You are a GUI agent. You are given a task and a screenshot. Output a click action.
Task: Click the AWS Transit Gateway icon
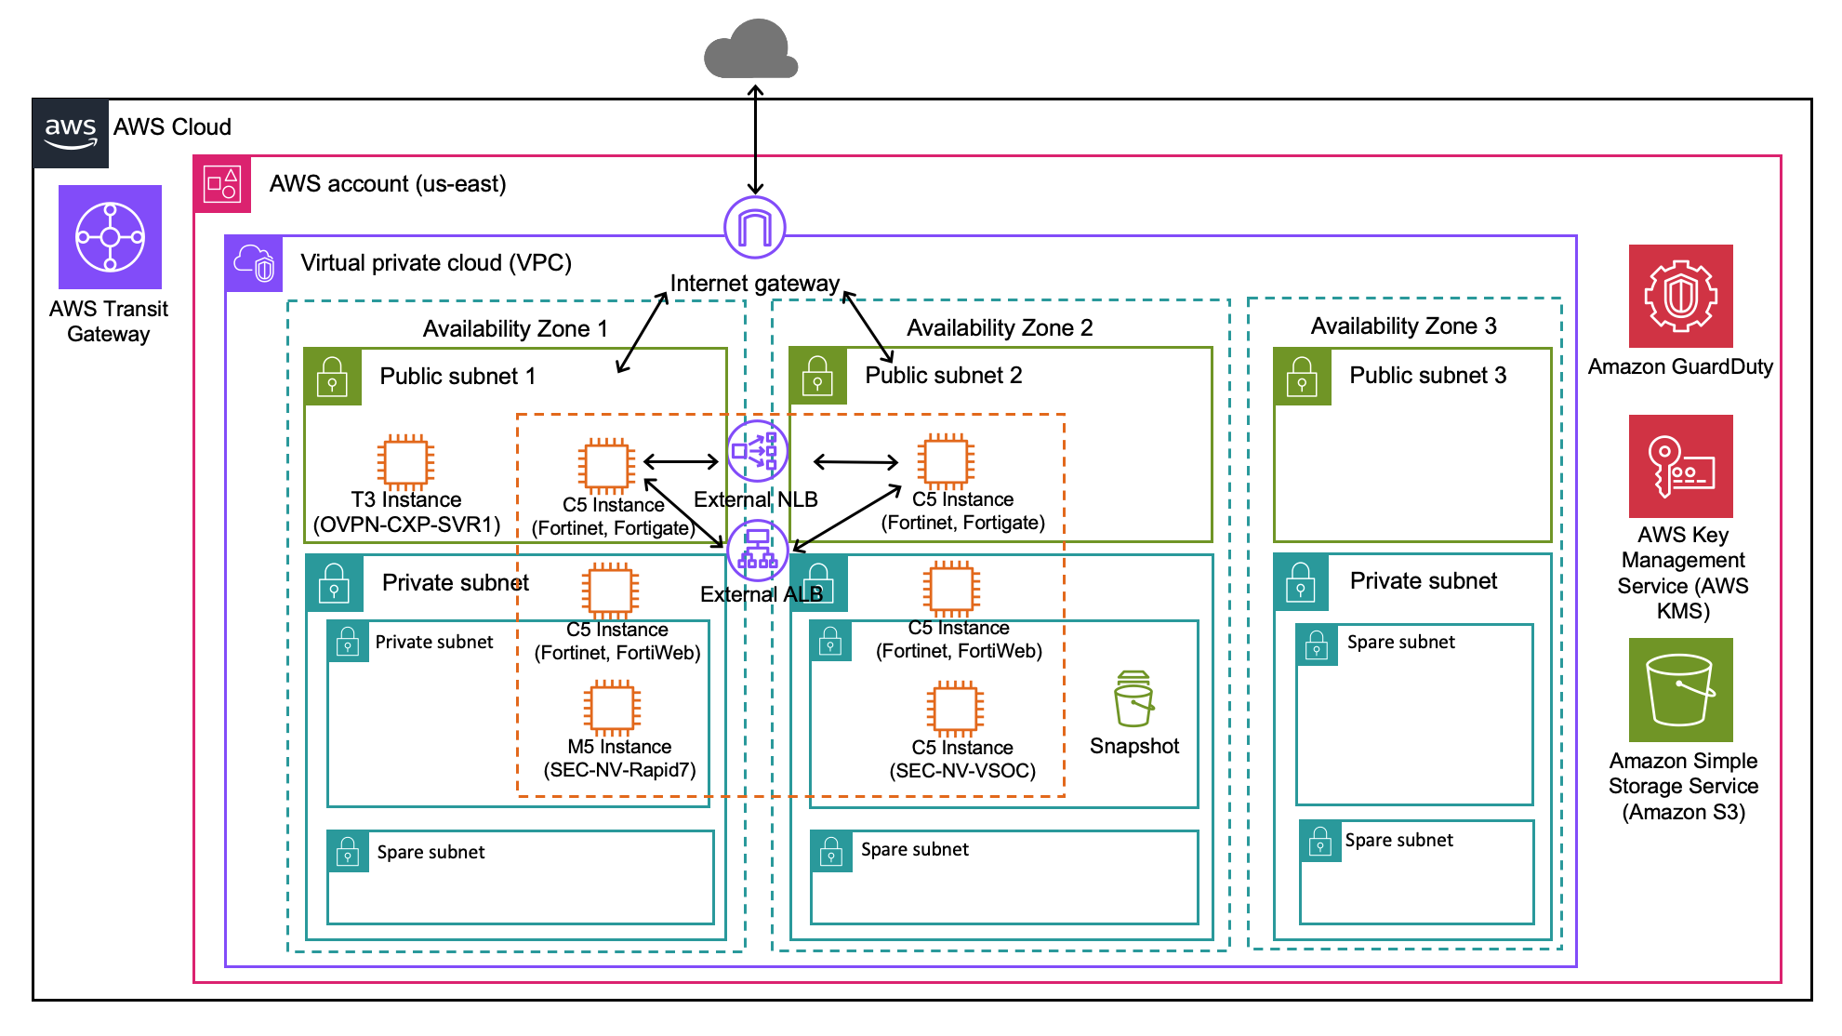click(110, 236)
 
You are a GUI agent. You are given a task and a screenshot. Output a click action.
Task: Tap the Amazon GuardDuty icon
click(1680, 296)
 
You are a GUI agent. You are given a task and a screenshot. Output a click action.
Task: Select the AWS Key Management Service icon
click(1680, 466)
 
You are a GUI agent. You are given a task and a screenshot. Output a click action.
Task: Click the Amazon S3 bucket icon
click(1680, 690)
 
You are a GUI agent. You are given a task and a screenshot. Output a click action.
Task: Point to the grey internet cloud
click(751, 50)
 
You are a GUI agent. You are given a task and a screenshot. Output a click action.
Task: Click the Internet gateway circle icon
click(755, 227)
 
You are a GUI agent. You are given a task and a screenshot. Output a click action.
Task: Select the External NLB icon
click(758, 452)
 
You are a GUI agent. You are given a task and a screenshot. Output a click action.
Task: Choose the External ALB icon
click(758, 551)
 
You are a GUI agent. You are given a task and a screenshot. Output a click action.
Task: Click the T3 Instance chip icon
click(405, 461)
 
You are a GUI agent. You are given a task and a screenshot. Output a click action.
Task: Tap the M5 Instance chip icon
click(612, 708)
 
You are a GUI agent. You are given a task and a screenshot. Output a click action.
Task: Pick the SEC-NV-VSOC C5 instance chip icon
click(955, 708)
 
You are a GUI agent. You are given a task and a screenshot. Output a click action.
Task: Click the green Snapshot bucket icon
click(1133, 699)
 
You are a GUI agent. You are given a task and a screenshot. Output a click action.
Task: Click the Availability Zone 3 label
click(1403, 326)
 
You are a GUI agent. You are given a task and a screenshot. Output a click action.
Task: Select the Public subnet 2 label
click(943, 376)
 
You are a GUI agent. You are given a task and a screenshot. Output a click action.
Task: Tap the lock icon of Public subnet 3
click(1302, 377)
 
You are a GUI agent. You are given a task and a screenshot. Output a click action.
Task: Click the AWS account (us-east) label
click(388, 184)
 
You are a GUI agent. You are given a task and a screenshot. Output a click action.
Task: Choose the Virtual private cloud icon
click(254, 263)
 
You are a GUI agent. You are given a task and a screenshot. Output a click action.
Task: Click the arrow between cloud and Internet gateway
click(756, 139)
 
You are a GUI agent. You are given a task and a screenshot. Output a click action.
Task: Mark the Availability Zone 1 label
click(515, 329)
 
